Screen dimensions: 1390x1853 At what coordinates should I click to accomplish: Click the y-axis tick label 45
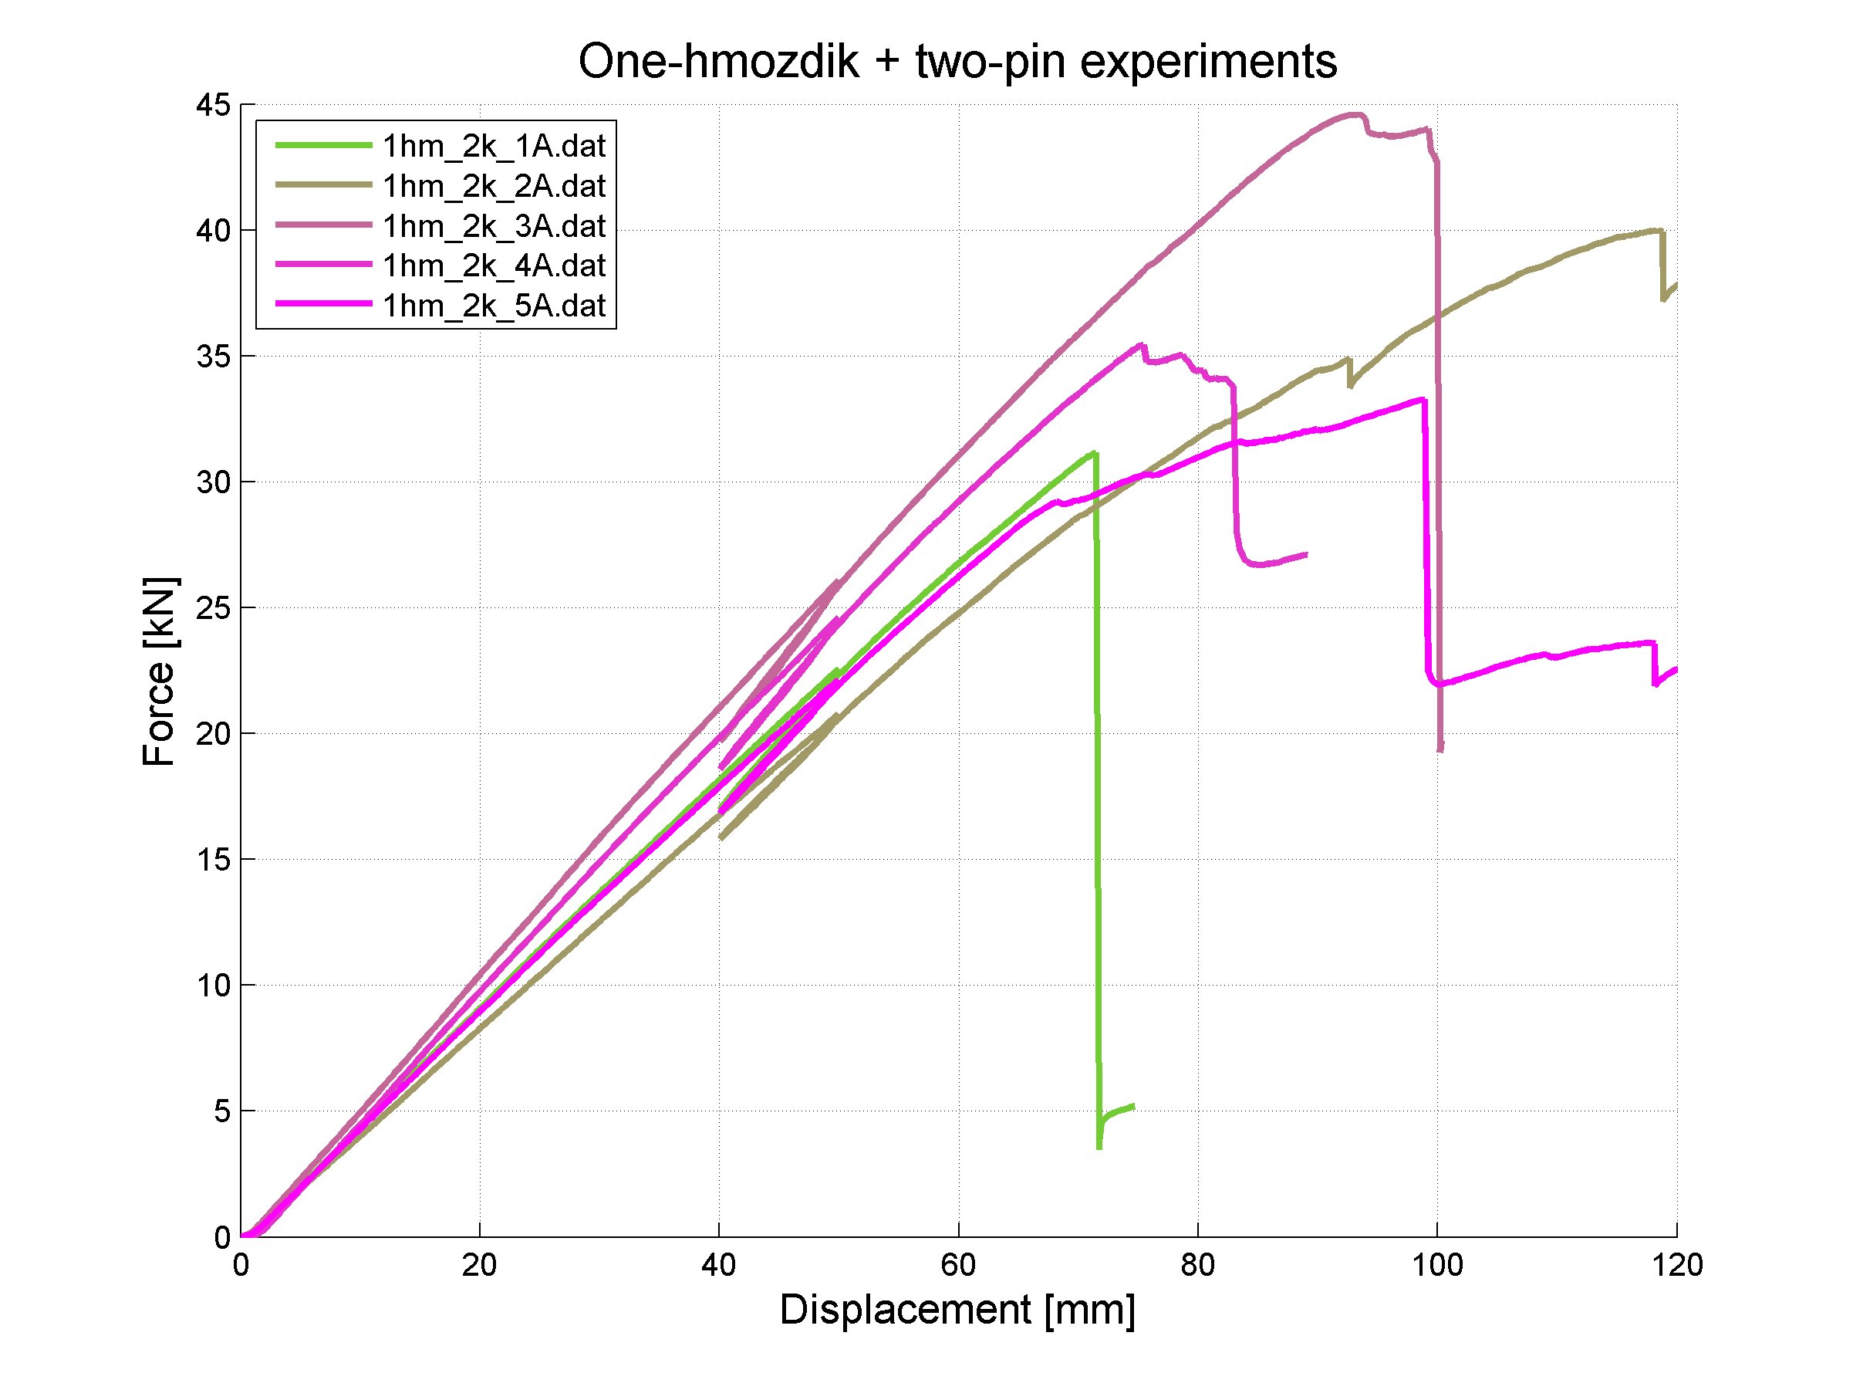click(x=212, y=106)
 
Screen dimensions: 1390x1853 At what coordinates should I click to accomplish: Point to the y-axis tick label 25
click(x=212, y=608)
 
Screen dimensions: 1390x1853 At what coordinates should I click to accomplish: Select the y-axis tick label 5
click(x=221, y=1112)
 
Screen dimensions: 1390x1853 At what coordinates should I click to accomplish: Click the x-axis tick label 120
click(x=1676, y=1265)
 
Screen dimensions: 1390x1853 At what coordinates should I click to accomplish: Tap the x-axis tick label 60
click(x=958, y=1265)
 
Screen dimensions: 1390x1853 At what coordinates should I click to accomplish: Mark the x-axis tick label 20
click(x=479, y=1265)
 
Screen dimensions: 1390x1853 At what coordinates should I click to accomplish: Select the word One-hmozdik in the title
click(x=719, y=62)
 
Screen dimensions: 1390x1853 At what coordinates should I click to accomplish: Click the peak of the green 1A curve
click(x=1093, y=453)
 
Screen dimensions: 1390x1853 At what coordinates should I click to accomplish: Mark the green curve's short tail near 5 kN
click(x=1119, y=1111)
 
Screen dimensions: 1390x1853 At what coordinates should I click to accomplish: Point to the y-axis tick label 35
click(x=212, y=357)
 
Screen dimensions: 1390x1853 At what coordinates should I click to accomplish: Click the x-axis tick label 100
click(x=1437, y=1265)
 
